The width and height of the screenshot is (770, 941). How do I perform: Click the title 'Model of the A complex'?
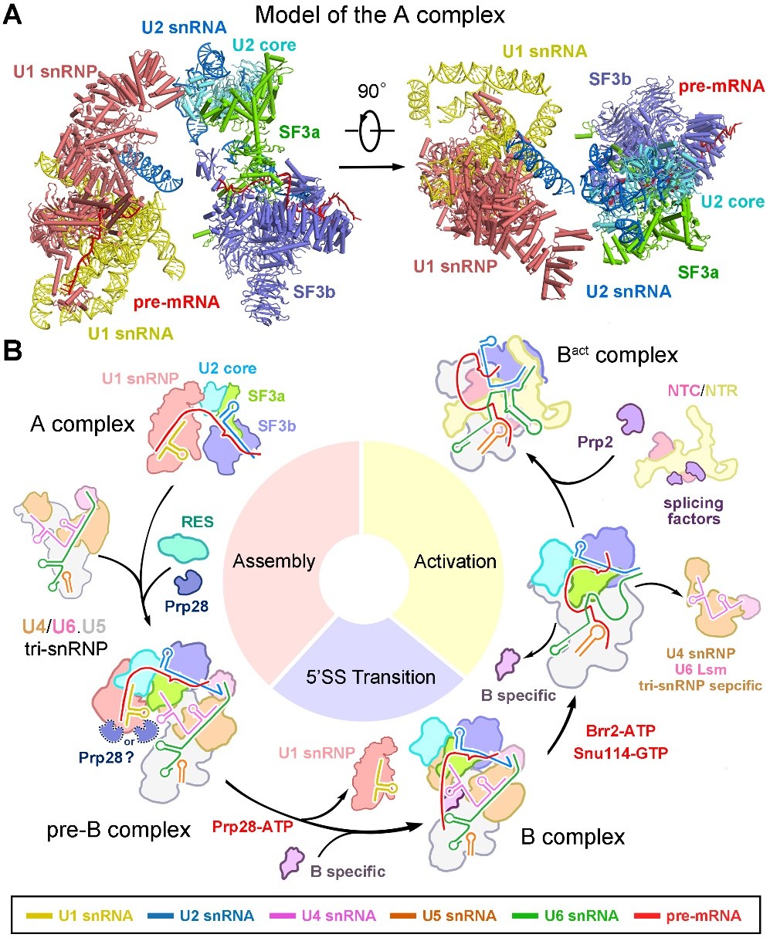pyautogui.click(x=380, y=15)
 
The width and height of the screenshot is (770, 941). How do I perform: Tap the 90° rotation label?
pyautogui.click(x=371, y=90)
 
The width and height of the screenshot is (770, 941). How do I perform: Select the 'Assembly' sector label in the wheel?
pyautogui.click(x=274, y=561)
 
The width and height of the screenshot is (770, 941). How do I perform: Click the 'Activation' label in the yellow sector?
pyautogui.click(x=456, y=561)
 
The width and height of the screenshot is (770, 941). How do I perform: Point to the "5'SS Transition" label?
pyautogui.click(x=371, y=677)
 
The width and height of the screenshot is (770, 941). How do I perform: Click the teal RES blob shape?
pyautogui.click(x=183, y=548)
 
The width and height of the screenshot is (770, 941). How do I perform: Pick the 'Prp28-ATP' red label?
pyautogui.click(x=253, y=826)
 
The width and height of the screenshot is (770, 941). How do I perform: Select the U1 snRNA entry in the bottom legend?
pyautogui.click(x=80, y=916)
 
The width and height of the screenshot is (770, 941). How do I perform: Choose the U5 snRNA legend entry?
pyautogui.click(x=443, y=916)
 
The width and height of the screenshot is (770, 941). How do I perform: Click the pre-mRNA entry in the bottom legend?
pyautogui.click(x=687, y=916)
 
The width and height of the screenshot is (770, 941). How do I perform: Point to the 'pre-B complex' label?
pyautogui.click(x=119, y=830)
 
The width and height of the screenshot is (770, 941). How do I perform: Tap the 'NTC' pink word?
pyautogui.click(x=684, y=391)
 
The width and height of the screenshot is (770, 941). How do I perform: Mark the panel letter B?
pyautogui.click(x=12, y=350)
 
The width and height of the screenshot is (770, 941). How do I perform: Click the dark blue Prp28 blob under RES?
pyautogui.click(x=188, y=582)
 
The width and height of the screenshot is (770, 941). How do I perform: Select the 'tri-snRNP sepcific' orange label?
pyautogui.click(x=700, y=685)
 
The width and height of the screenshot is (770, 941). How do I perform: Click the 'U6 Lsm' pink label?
pyautogui.click(x=700, y=669)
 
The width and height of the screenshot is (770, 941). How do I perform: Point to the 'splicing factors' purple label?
pyautogui.click(x=694, y=510)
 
